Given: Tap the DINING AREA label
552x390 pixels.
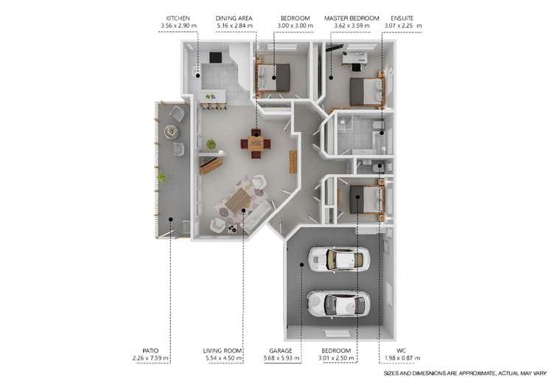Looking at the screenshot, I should (x=234, y=18).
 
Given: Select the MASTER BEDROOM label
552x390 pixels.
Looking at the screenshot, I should (x=352, y=18).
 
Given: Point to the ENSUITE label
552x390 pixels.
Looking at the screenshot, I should (x=401, y=18).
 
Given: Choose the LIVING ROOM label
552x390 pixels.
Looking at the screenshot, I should (x=223, y=350).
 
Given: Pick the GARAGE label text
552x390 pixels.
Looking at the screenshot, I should (x=286, y=350).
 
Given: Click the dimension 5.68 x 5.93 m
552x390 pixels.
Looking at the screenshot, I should (x=286, y=359).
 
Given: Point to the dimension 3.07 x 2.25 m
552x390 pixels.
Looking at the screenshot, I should (x=402, y=27).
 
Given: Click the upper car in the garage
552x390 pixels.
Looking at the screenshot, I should (x=338, y=259).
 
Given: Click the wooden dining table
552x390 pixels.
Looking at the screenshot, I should (x=255, y=142).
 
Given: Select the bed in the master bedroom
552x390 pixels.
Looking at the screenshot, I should (x=366, y=91).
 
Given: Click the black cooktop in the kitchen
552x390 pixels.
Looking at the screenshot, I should (x=216, y=57).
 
